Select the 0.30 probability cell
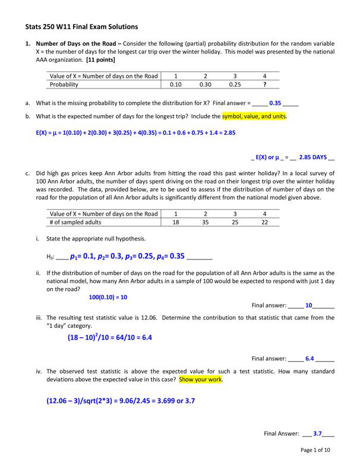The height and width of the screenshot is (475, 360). (206, 84)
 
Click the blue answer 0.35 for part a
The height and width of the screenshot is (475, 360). (275, 103)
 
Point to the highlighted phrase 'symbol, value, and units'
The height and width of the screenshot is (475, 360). (254, 116)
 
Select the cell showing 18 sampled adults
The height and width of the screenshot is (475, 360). (176, 222)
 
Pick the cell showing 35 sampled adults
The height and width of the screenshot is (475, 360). (206, 222)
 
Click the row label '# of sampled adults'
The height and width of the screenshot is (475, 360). (75, 222)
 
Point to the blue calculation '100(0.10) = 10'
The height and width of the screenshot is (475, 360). (108, 297)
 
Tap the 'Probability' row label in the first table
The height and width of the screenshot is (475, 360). (65, 84)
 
